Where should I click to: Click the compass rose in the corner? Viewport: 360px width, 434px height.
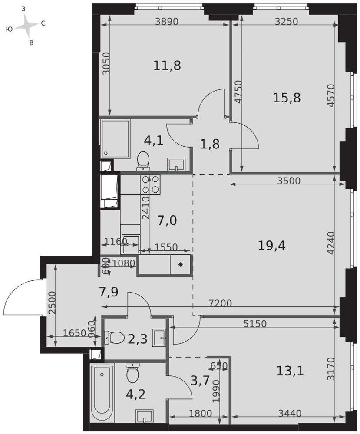point(28,27)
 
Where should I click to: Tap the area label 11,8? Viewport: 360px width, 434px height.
point(167,66)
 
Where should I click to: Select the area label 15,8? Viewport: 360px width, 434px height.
point(287,98)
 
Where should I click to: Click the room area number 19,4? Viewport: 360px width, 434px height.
point(271,246)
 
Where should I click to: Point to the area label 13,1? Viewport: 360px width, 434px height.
point(290,371)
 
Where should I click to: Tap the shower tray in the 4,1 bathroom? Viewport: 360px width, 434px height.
point(115,138)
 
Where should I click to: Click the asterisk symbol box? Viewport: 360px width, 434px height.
point(180,264)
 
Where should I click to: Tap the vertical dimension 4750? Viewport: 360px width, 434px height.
point(237,92)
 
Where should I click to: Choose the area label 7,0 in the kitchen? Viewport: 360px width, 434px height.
point(167,220)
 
